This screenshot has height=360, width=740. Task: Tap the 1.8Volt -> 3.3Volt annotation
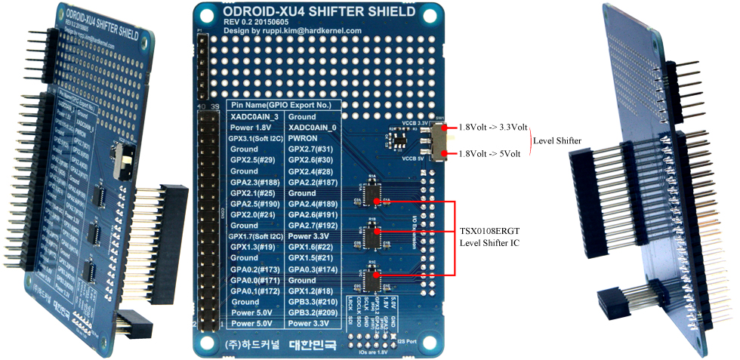click(494, 128)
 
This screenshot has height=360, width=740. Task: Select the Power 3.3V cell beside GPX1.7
click(310, 236)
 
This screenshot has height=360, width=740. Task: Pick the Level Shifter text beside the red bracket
click(557, 141)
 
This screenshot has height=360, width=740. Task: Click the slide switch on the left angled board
click(117, 157)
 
